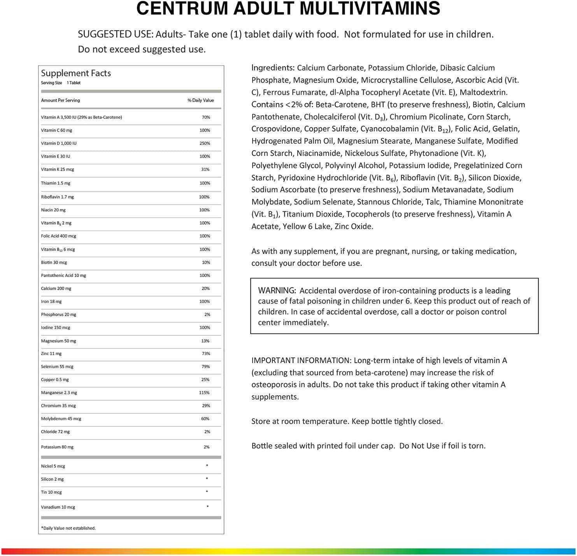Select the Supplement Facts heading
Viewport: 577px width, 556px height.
(x=76, y=73)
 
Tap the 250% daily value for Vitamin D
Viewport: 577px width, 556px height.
(x=205, y=143)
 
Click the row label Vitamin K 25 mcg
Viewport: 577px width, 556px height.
(x=58, y=169)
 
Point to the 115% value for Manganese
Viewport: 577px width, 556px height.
(x=204, y=392)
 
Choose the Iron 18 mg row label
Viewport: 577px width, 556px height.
(x=51, y=301)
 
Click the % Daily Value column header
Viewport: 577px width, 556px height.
(x=201, y=100)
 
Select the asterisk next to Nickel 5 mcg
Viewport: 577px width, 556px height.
(x=207, y=466)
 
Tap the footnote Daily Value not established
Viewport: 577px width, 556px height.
(x=68, y=528)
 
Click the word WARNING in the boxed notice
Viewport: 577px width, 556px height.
(x=277, y=290)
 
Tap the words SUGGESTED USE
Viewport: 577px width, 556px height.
(x=115, y=34)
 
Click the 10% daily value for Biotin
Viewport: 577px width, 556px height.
(x=206, y=262)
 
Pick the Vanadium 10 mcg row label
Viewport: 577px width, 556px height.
(x=58, y=507)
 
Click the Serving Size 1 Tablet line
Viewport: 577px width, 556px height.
(x=61, y=83)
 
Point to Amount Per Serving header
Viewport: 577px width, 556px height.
(x=60, y=100)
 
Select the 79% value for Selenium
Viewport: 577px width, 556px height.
(x=206, y=366)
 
